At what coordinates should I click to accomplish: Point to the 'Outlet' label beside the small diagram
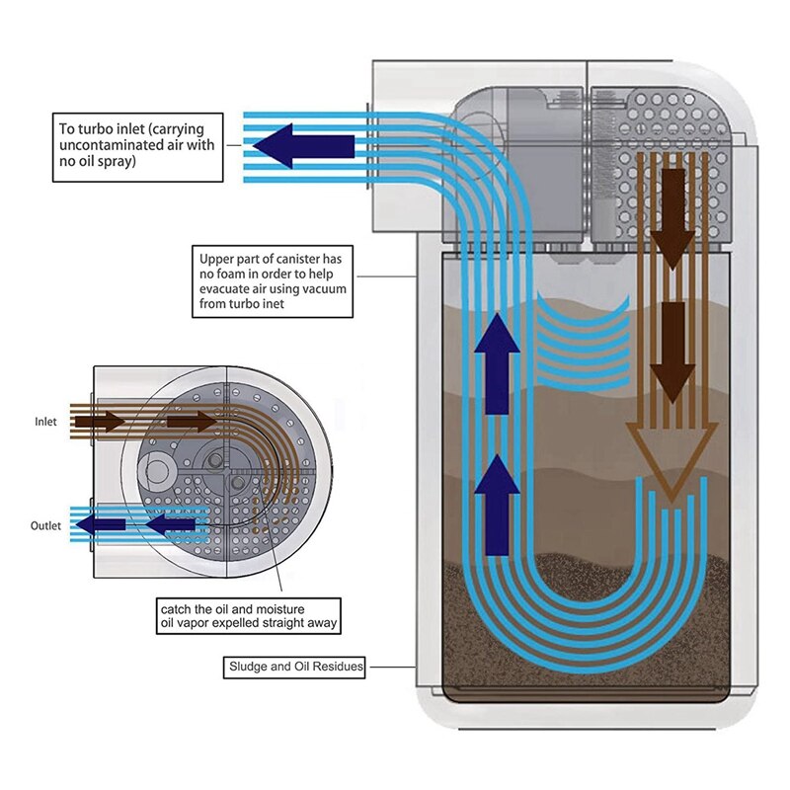[x=45, y=525]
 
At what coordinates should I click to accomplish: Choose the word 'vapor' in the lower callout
[x=201, y=624]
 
